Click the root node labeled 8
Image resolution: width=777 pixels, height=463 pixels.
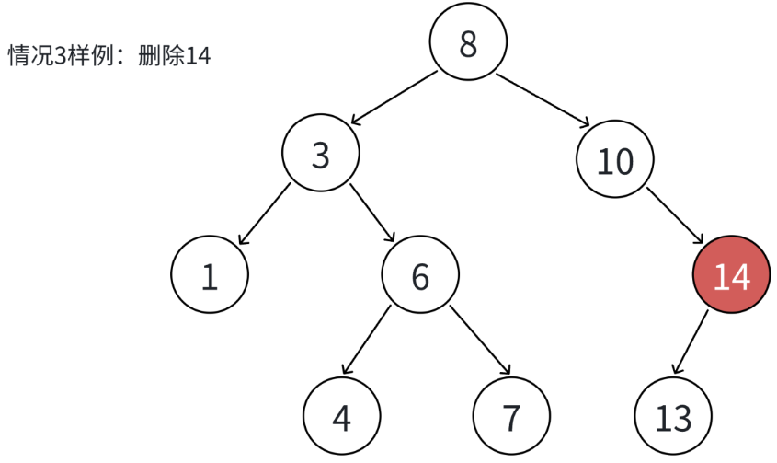pyautogui.click(x=468, y=43)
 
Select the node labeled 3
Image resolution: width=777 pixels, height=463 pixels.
pyautogui.click(x=320, y=156)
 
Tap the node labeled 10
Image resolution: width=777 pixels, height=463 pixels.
pyautogui.click(x=615, y=161)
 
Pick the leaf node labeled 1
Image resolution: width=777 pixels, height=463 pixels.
pyautogui.click(x=210, y=275)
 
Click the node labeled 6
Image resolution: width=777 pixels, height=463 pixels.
pyautogui.click(x=420, y=275)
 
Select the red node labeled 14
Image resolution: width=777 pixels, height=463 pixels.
pyautogui.click(x=731, y=275)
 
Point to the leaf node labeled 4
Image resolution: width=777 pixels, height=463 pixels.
pyautogui.click(x=341, y=417)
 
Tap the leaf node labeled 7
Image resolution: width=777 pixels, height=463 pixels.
pyautogui.click(x=511, y=417)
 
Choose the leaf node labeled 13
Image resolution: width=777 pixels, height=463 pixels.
pyautogui.click(x=673, y=417)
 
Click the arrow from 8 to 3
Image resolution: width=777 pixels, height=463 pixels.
pyautogui.click(x=393, y=97)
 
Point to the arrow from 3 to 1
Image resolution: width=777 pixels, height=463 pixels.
pyautogui.click(x=264, y=214)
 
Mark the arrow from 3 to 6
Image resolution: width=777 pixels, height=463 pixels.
pyautogui.click(x=372, y=214)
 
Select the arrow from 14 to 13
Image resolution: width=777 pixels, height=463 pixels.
pyautogui.click(x=691, y=341)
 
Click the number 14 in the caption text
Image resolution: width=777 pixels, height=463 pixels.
pyautogui.click(x=198, y=56)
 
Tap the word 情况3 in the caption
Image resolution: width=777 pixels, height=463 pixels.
pyautogui.click(x=34, y=56)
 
